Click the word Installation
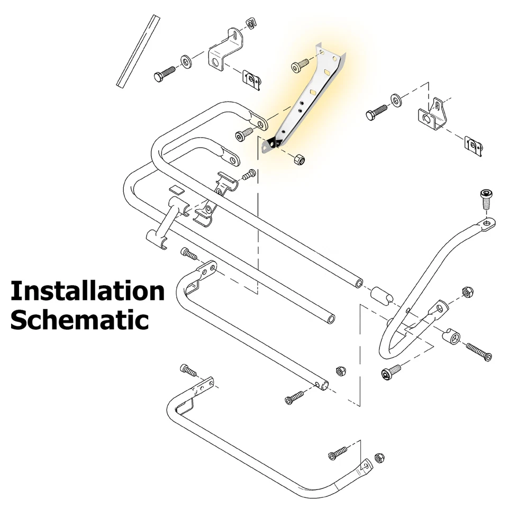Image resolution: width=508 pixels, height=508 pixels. pyautogui.click(x=87, y=291)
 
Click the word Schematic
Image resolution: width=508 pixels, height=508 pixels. pyautogui.click(x=79, y=320)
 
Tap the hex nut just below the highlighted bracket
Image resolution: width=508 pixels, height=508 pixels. pyautogui.click(x=299, y=159)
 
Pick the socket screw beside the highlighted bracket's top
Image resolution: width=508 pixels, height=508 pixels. pyautogui.click(x=300, y=65)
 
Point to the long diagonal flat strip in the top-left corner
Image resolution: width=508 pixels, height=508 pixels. pyautogui.click(x=138, y=50)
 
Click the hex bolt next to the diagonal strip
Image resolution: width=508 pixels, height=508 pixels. pyautogui.click(x=165, y=74)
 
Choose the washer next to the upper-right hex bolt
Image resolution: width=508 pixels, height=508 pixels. pyautogui.click(x=396, y=100)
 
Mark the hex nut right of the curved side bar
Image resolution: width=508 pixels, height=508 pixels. pyautogui.click(x=467, y=292)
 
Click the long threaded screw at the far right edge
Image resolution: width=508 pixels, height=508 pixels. pyautogui.click(x=478, y=351)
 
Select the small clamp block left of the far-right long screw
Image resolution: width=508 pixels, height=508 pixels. pyautogui.click(x=451, y=337)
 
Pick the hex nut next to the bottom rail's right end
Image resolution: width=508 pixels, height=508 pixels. pyautogui.click(x=340, y=370)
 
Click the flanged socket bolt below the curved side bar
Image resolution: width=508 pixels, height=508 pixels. pyautogui.click(x=391, y=372)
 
